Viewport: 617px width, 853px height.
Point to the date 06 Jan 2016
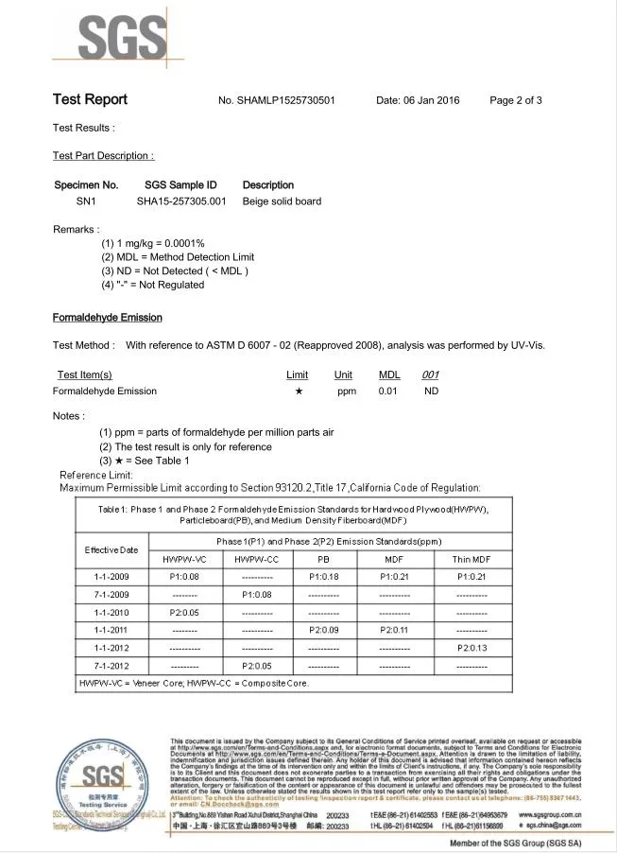(x=418, y=100)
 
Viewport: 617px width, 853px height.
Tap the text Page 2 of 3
(x=516, y=100)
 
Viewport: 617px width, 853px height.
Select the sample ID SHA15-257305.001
(x=181, y=201)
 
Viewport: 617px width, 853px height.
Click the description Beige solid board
(x=282, y=201)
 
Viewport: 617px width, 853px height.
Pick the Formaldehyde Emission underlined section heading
(x=107, y=318)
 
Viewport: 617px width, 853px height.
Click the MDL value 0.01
(x=387, y=391)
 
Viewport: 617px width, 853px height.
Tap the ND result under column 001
(x=431, y=391)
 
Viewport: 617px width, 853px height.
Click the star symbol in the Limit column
(x=299, y=391)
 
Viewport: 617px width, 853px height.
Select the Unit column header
(x=343, y=374)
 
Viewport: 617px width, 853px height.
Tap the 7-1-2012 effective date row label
(x=111, y=666)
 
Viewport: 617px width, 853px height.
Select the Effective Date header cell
(x=111, y=549)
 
